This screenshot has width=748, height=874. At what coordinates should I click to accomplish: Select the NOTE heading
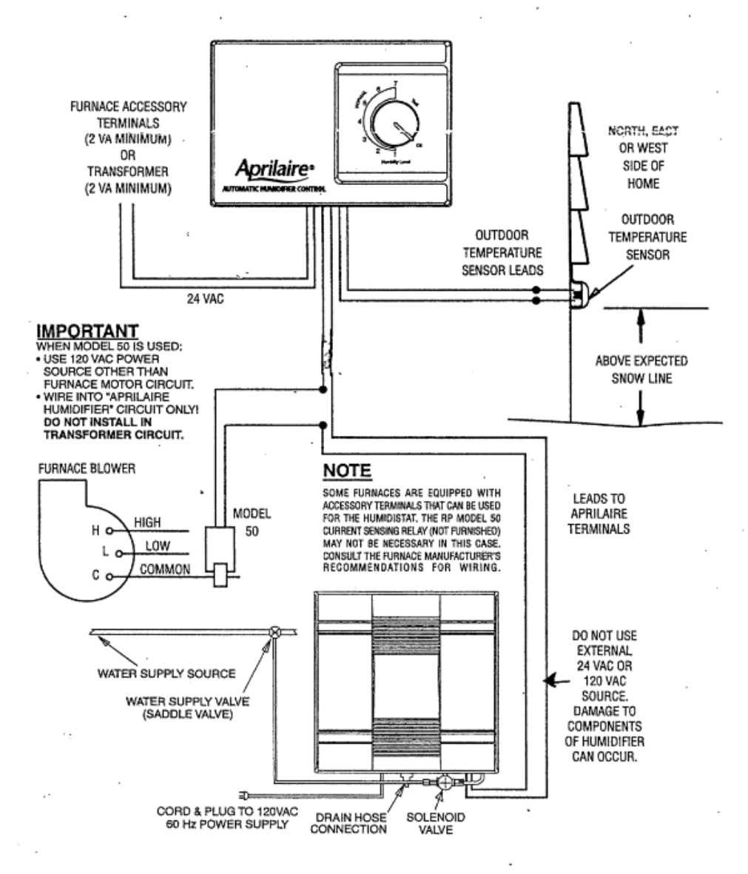[347, 471]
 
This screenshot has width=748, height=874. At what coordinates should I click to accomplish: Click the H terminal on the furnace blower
[109, 531]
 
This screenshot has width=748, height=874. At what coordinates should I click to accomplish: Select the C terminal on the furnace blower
[109, 576]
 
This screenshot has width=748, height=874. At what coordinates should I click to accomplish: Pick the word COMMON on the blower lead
[164, 569]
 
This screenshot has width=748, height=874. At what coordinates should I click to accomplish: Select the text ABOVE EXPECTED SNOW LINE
[641, 369]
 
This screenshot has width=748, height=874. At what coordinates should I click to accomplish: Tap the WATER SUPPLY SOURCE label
[166, 673]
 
